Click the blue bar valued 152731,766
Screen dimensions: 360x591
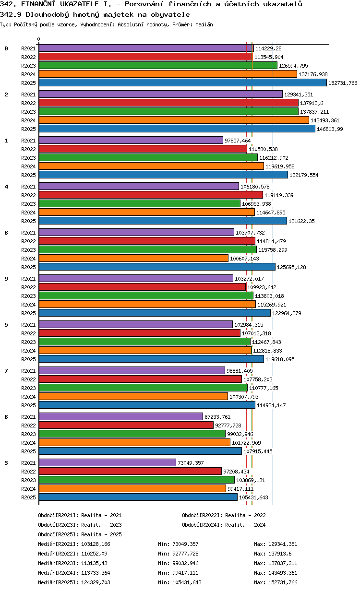[x=182, y=83]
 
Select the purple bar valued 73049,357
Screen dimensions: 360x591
[x=108, y=462]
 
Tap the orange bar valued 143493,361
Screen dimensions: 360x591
[x=174, y=120]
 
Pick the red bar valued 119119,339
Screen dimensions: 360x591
[x=151, y=195]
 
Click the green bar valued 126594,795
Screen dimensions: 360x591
[x=158, y=65]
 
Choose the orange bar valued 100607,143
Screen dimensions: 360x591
[x=133, y=258]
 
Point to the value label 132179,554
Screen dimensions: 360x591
[x=304, y=175]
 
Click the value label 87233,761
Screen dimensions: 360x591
[x=217, y=417]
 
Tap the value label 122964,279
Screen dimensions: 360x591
[x=287, y=313]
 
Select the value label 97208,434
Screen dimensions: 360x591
[x=236, y=472]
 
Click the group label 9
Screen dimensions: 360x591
[x=6, y=279]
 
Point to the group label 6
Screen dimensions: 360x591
[x=6, y=417]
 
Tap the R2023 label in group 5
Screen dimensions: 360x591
[x=28, y=342]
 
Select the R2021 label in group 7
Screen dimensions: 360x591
[x=28, y=371]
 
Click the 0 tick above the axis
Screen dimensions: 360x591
[x=39, y=39]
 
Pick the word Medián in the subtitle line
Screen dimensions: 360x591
[x=204, y=24]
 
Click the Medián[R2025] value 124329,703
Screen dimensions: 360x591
[x=96, y=582]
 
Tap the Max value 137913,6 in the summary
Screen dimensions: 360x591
[x=280, y=554]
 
